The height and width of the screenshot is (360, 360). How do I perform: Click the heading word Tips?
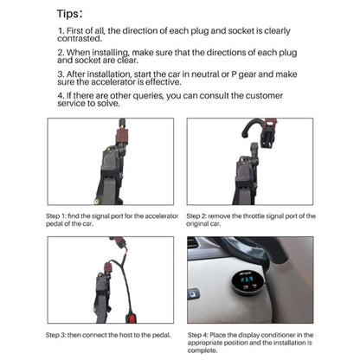(69, 14)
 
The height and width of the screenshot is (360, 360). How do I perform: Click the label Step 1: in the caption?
(60, 216)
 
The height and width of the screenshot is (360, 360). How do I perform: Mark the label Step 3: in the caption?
(60, 334)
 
